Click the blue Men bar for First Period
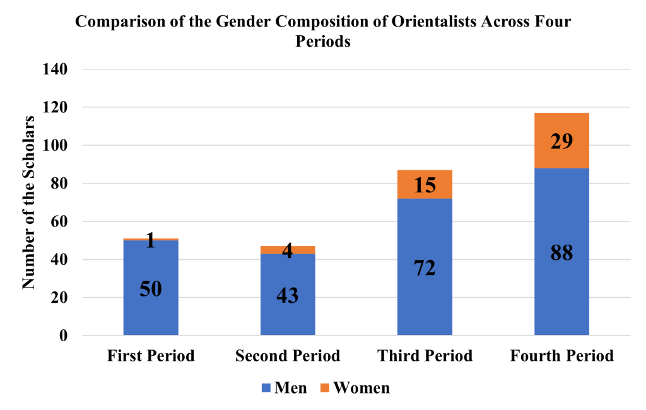click(151, 315)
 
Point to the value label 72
click(425, 268)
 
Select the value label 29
click(561, 141)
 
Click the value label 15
click(425, 185)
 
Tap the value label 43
click(288, 295)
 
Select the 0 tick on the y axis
click(63, 336)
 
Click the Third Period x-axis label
click(425, 356)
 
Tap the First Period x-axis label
click(151, 356)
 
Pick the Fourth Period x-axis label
click(561, 356)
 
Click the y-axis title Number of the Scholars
click(29, 202)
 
